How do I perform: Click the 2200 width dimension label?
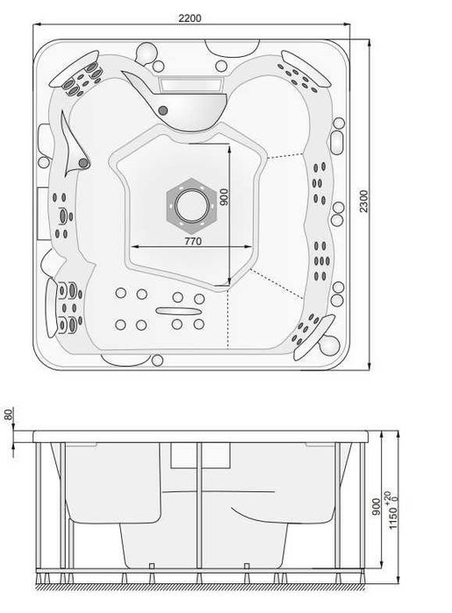pos(190,18)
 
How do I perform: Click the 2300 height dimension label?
pos(364,201)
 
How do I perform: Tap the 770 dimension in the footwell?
pos(193,241)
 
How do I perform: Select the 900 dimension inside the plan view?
pos(224,197)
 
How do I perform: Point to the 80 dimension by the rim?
pos(8,414)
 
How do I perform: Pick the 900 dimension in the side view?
pos(376,507)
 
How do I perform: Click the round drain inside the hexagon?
pos(191,205)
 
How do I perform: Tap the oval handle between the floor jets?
pos(178,311)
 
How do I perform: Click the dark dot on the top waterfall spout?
pos(163,110)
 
